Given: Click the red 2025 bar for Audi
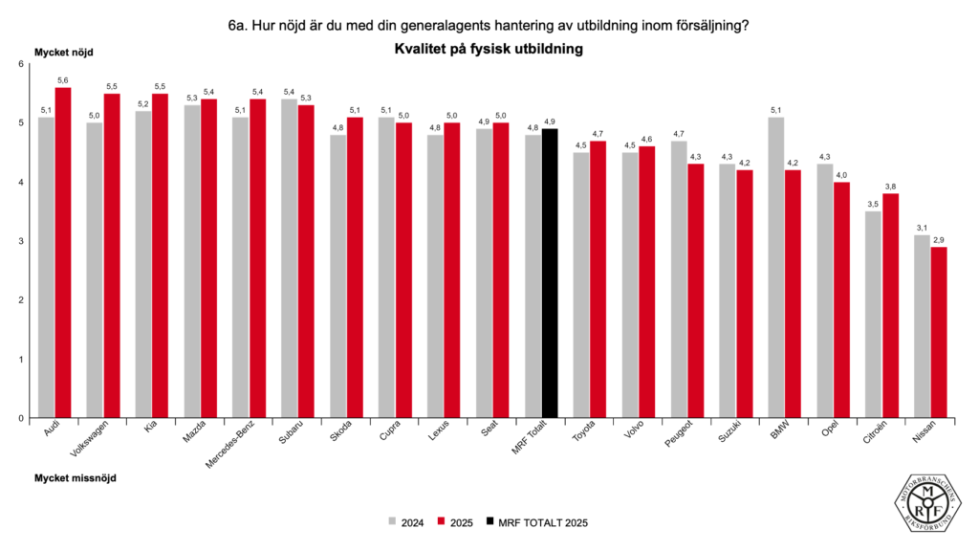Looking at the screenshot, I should [x=63, y=253].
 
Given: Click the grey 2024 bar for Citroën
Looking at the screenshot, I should [x=874, y=315].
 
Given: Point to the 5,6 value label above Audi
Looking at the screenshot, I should [x=63, y=80].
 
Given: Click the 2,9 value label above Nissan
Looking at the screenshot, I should [x=939, y=239].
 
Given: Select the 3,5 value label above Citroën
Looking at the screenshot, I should [x=874, y=204].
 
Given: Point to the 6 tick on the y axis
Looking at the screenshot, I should [x=20, y=64].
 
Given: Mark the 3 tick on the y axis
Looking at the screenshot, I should [x=20, y=241].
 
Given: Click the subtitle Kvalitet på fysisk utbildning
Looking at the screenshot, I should [x=489, y=48].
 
